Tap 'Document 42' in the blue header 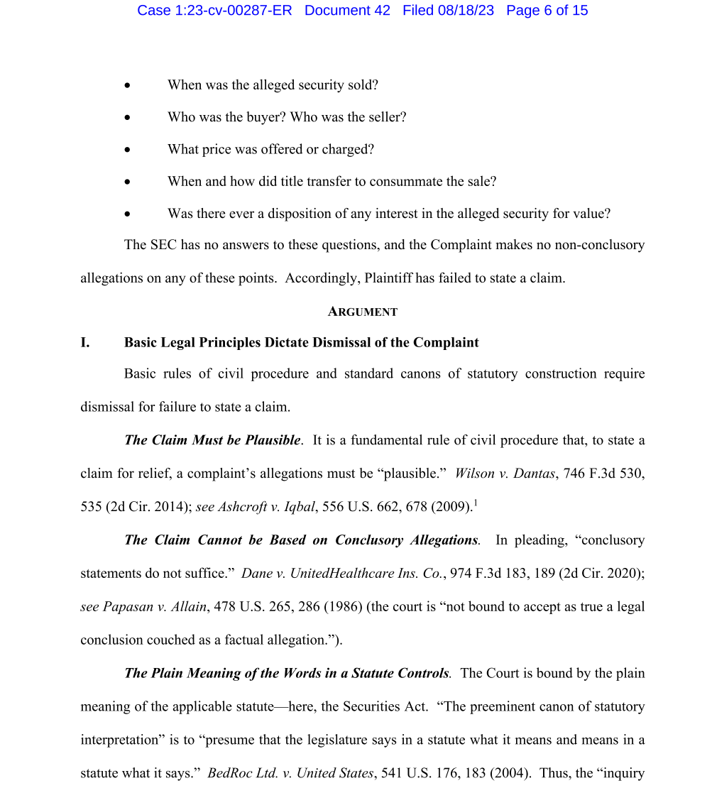point(347,11)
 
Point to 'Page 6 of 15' point(547,11)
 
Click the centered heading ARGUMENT point(363,312)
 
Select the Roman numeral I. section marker point(85,342)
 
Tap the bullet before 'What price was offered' point(128,150)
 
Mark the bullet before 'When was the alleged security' point(128,85)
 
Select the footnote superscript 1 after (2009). point(475,503)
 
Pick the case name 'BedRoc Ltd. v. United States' point(290,773)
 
